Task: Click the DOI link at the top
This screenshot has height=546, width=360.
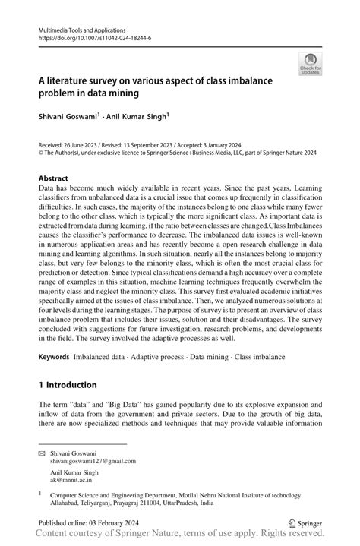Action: pos(94,35)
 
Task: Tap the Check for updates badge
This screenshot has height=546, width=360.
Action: pos(309,64)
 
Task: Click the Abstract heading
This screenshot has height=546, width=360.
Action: pos(53,177)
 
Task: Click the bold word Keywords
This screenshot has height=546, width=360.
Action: pos(53,355)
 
